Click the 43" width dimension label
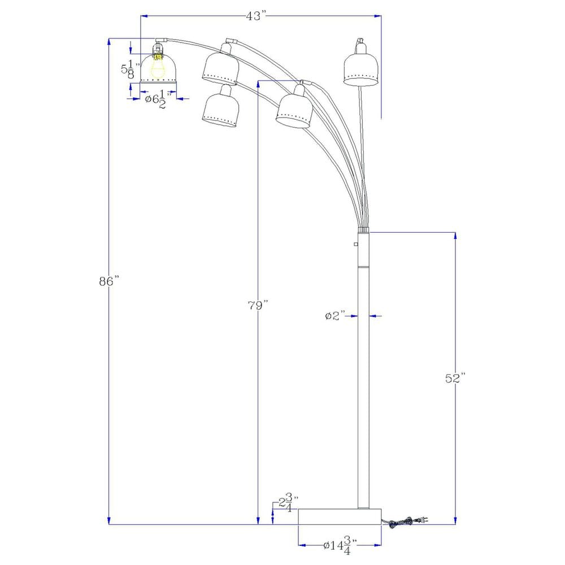255,16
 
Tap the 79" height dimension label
257,306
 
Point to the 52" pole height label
454,378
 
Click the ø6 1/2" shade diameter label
155,100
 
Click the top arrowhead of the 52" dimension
455,234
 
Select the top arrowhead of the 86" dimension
108,41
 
